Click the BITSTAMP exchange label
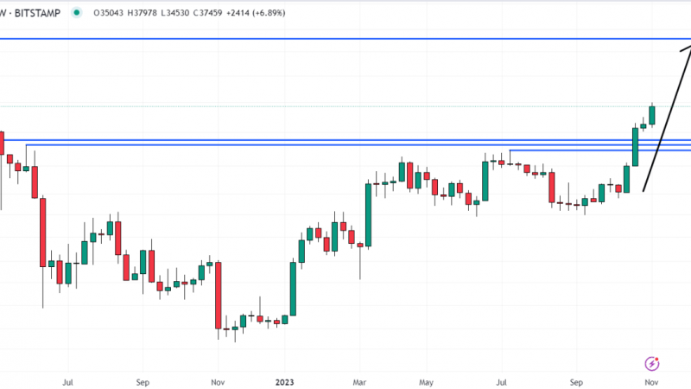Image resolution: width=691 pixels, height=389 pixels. [x=37, y=13]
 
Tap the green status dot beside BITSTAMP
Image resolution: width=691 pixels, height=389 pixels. [x=77, y=13]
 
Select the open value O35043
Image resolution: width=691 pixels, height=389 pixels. [x=109, y=13]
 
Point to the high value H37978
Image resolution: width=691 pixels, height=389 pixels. [x=142, y=13]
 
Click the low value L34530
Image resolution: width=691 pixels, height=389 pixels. [x=175, y=13]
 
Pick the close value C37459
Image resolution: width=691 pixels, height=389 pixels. [x=207, y=13]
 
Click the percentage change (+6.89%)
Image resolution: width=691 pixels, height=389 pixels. [x=268, y=13]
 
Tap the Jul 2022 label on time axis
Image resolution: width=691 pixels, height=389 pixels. [x=67, y=382]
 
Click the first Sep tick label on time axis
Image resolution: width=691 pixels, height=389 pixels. [x=143, y=382]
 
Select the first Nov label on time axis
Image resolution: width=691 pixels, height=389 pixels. [x=218, y=382]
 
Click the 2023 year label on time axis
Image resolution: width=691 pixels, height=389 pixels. [x=284, y=382]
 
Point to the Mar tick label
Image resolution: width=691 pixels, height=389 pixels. [x=359, y=382]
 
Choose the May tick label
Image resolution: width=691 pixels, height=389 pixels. [x=426, y=382]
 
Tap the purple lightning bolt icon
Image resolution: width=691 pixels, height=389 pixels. [x=652, y=364]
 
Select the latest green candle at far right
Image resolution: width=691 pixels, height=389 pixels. [x=652, y=116]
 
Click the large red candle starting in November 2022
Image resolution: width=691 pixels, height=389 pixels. [x=219, y=296]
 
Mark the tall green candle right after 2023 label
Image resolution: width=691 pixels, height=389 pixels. [x=293, y=289]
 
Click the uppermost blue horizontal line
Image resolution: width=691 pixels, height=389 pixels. [x=345, y=39]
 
